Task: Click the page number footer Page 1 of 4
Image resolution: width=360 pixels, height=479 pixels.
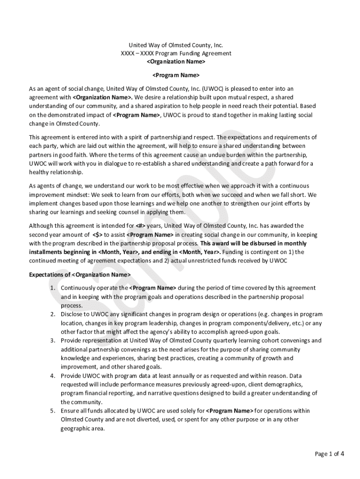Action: click(x=330, y=453)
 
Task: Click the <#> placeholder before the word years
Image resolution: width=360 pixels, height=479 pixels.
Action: click(x=140, y=226)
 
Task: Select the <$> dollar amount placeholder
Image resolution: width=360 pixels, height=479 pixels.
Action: click(x=97, y=235)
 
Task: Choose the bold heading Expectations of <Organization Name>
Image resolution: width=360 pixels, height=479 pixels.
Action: click(x=80, y=274)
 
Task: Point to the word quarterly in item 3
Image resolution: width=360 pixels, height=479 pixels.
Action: click(x=216, y=341)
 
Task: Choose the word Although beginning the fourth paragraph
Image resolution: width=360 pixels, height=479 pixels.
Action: click(x=42, y=226)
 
